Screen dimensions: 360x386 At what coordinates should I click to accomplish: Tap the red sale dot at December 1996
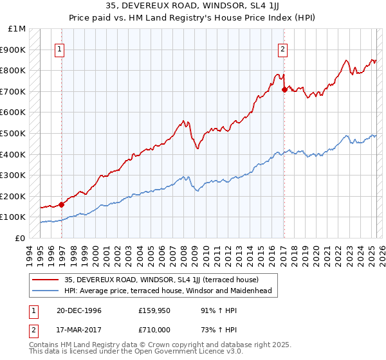(62, 204)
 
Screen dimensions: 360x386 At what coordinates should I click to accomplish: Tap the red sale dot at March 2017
(284, 89)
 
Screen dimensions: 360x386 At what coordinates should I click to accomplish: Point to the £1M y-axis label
(17, 29)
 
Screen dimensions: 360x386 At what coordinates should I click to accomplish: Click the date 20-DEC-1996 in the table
(74, 310)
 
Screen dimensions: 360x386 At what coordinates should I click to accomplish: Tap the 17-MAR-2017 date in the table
(75, 330)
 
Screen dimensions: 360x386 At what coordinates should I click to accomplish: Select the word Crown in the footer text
(160, 345)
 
